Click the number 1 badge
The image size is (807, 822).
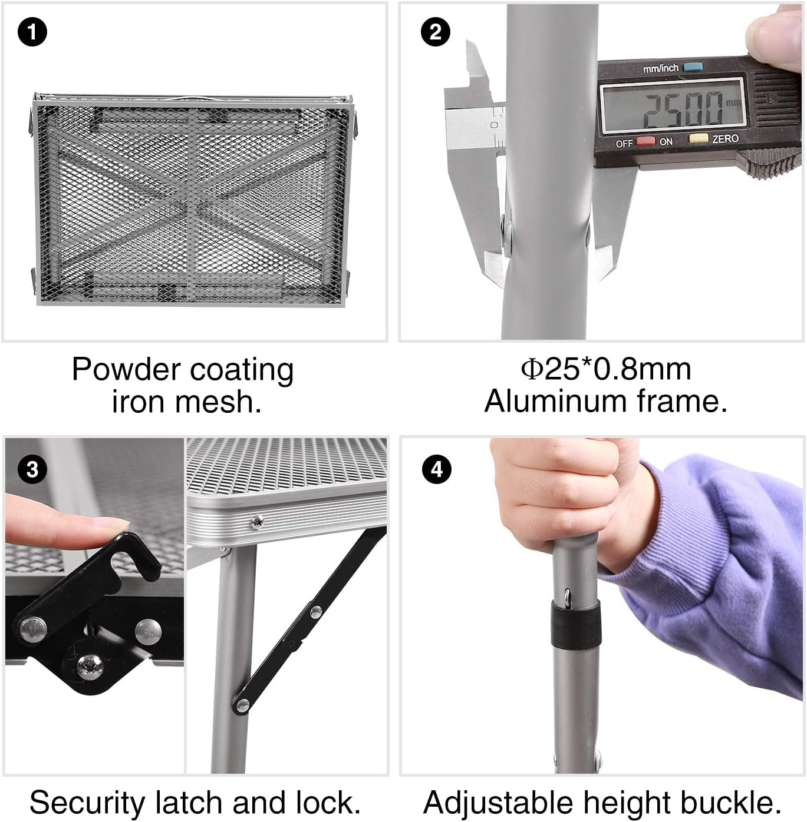pos(32,32)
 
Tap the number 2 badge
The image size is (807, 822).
pos(435,32)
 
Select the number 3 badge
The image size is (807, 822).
pos(32,470)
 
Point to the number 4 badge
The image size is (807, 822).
pos(437,470)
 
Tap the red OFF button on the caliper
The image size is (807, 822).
pos(645,141)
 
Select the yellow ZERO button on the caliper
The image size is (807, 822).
pos(698,138)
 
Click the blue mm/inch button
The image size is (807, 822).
pos(693,67)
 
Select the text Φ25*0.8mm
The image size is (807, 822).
pos(606,369)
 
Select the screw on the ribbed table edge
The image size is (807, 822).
pos(257,521)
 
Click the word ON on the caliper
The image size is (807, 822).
pos(666,142)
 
